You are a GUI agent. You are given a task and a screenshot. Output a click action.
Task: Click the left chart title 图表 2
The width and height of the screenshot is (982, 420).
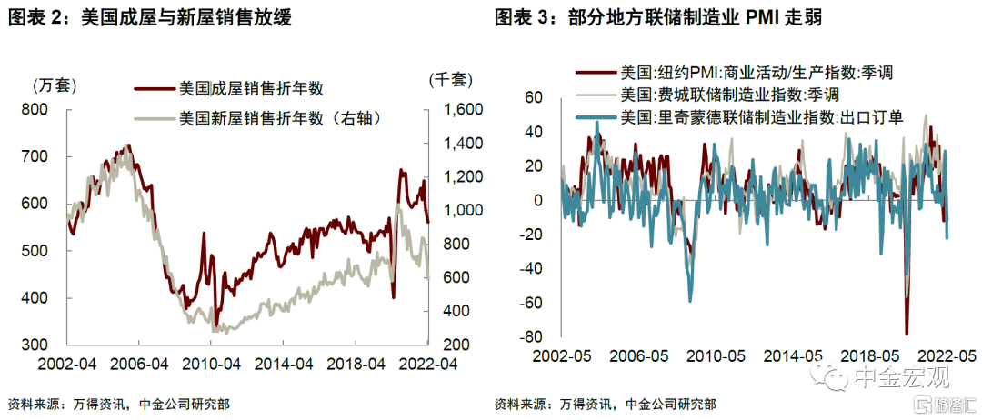click(150, 17)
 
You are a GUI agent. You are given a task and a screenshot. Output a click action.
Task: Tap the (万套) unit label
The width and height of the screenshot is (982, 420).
click(53, 85)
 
